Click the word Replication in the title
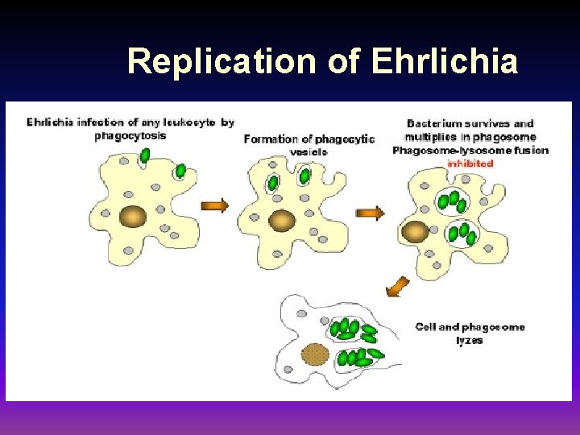[217, 61]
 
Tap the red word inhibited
[470, 163]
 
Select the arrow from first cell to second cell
[214, 205]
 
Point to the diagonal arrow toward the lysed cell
[396, 286]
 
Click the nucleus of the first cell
[132, 217]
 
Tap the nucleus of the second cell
[282, 220]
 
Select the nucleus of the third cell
[415, 232]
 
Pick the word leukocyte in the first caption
[188, 122]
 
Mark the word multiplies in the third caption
[433, 137]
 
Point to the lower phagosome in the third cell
[461, 234]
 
